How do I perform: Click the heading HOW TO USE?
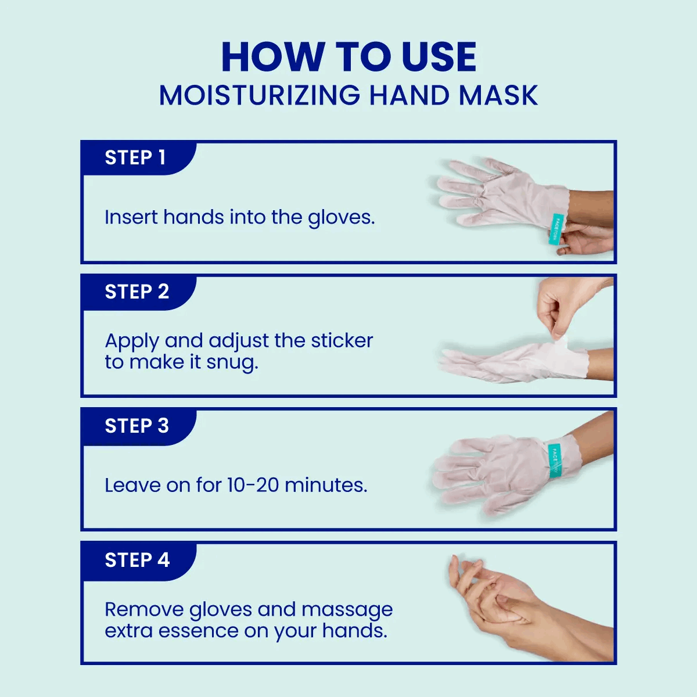click(x=348, y=58)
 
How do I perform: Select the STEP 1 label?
click(x=135, y=157)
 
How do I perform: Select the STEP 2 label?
click(x=136, y=292)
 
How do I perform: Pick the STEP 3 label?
click(x=136, y=426)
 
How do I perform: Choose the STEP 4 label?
click(x=137, y=560)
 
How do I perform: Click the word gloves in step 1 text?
click(x=341, y=218)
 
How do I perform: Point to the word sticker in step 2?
click(x=342, y=340)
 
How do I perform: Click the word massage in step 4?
click(x=347, y=610)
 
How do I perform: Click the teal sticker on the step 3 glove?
click(x=555, y=459)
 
